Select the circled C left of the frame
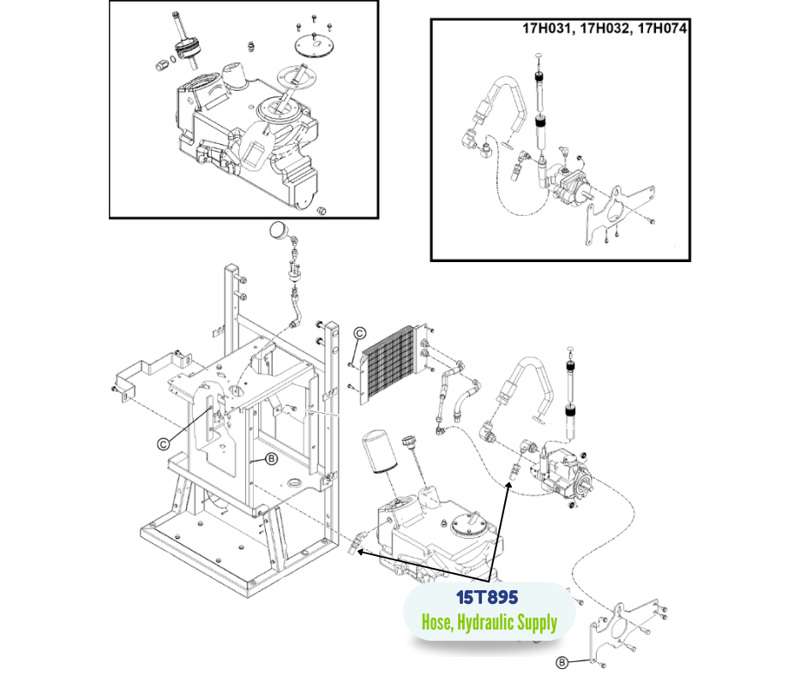point(163,443)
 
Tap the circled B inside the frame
point(271,459)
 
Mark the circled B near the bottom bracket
point(562,661)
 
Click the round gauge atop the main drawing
point(279,230)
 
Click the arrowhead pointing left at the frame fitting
point(362,553)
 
